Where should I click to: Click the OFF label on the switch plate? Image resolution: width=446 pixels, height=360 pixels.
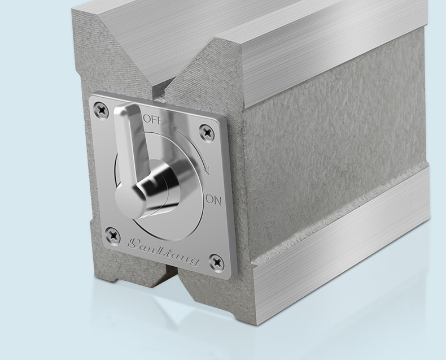pyautogui.click(x=154, y=120)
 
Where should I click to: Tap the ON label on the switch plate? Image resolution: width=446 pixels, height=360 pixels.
pyautogui.click(x=213, y=200)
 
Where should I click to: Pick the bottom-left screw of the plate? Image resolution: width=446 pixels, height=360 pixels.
pyautogui.click(x=113, y=235)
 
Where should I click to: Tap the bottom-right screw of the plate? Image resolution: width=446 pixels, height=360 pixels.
pyautogui.click(x=216, y=262)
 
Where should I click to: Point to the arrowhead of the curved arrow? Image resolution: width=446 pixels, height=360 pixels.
pyautogui.click(x=207, y=170)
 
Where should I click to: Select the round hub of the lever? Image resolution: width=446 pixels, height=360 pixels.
pyautogui.click(x=159, y=188)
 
